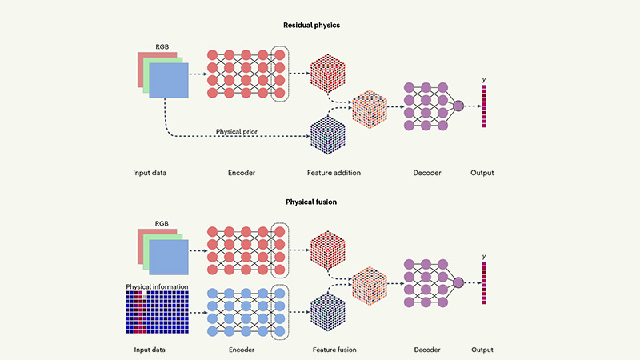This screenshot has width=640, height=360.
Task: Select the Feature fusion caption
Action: pos(332,350)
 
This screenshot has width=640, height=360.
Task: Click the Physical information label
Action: pos(157,286)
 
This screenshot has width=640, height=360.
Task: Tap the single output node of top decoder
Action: pos(458,106)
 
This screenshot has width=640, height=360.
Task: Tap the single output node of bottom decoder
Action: pos(458,282)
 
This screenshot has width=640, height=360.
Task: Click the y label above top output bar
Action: pos(484,78)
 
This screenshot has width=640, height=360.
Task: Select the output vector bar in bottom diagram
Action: pos(484,284)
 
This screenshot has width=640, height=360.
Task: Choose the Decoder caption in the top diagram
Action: pos(424,173)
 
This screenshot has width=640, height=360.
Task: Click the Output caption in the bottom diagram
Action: pos(482,350)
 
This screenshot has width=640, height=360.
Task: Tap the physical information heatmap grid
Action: pos(157,314)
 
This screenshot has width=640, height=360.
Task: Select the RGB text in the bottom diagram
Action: pos(162,224)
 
